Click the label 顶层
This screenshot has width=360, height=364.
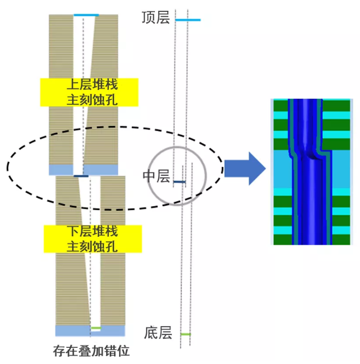[155, 18]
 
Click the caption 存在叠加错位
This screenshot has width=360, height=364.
[91, 352]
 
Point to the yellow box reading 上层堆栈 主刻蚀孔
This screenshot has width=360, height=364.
[89, 92]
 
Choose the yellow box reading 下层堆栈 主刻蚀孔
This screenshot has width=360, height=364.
[92, 239]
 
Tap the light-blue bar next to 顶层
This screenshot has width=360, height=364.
[188, 20]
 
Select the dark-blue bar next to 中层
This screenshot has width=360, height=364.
[180, 182]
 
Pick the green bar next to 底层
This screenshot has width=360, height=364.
[185, 335]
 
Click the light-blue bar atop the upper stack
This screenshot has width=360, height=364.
[86, 15]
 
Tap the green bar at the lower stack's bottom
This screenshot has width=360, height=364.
[95, 328]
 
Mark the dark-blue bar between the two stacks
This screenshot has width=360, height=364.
[81, 176]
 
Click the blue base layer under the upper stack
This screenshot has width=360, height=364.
[61, 170]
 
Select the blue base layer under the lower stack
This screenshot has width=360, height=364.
[72, 331]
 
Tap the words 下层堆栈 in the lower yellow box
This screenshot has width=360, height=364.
[92, 231]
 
